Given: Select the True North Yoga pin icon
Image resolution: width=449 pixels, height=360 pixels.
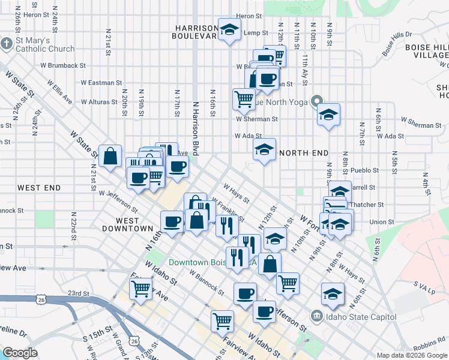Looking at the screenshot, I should tap(317, 101).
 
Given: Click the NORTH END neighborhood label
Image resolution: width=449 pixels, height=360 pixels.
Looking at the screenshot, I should tap(303, 153).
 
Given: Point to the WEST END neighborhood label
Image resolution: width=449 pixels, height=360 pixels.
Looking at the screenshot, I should tap(39, 188).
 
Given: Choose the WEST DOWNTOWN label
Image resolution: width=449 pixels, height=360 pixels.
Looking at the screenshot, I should tap(127, 224).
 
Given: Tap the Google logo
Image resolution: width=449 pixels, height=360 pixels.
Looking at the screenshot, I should tap(20, 353).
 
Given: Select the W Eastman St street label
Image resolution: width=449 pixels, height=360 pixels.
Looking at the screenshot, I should tap(101, 82).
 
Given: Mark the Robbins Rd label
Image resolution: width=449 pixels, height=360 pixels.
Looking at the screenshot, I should tap(429, 343).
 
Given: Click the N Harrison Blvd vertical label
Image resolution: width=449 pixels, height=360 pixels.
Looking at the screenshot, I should tap(195, 128).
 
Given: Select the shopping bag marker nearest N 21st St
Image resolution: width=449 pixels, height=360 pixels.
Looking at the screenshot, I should tap(111, 157).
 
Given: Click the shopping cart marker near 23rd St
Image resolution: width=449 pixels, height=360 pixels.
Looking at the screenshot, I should tap(141, 289).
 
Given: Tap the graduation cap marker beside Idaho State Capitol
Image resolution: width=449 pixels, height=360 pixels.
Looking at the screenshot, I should tap(333, 294).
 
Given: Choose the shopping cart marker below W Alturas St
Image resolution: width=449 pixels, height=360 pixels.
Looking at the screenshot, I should tap(244, 98).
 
